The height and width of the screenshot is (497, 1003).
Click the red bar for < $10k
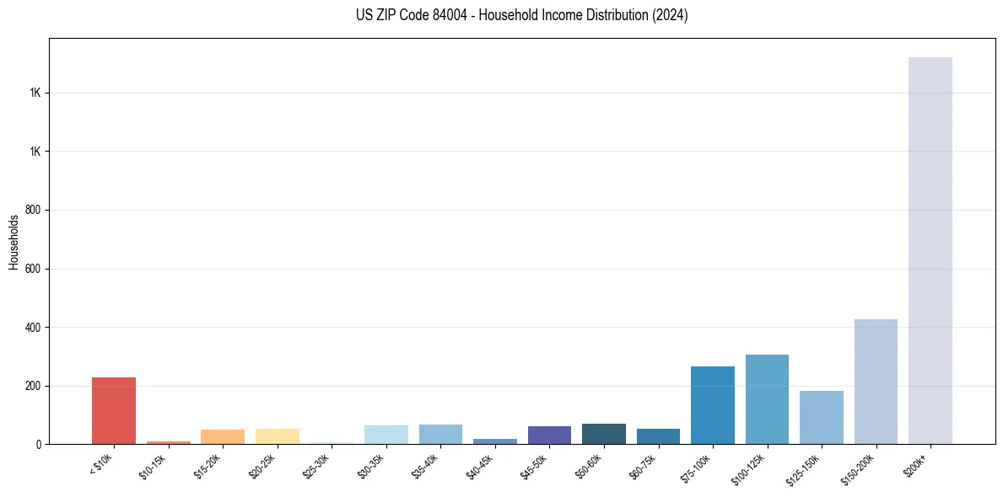(x=114, y=410)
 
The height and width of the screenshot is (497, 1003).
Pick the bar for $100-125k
(x=767, y=399)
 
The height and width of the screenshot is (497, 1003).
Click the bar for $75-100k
(x=712, y=405)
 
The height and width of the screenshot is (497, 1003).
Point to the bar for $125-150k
(x=821, y=417)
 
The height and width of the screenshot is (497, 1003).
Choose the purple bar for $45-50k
(x=549, y=435)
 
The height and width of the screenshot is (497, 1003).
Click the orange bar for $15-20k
(x=223, y=436)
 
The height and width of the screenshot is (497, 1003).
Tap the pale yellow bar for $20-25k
(x=277, y=436)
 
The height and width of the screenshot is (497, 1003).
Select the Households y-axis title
(x=13, y=242)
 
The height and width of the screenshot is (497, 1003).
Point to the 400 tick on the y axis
(x=34, y=327)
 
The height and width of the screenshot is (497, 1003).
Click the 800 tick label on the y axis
(x=34, y=210)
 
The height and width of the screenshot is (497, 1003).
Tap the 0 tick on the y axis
(x=39, y=444)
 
